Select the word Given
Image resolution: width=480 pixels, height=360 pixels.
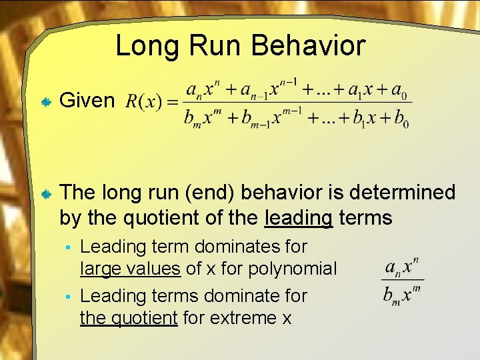pos(87,101)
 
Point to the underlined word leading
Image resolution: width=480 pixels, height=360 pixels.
pos(299,217)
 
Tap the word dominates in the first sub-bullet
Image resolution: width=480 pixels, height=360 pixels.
pos(230,246)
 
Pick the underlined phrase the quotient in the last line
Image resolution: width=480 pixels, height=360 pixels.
pos(129,318)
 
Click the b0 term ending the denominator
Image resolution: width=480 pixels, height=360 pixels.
pos(401,120)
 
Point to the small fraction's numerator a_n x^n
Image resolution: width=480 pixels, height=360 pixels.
pos(403,268)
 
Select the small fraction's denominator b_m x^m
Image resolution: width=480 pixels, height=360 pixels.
pos(403,293)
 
